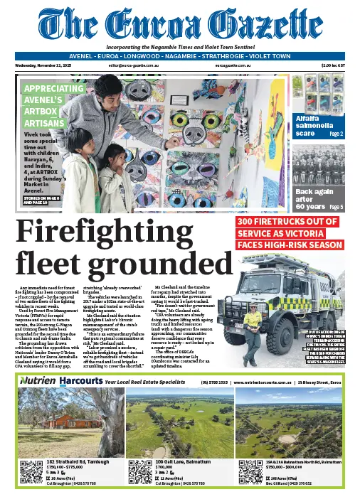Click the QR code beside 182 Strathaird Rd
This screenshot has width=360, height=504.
pyautogui.click(x=32, y=473)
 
